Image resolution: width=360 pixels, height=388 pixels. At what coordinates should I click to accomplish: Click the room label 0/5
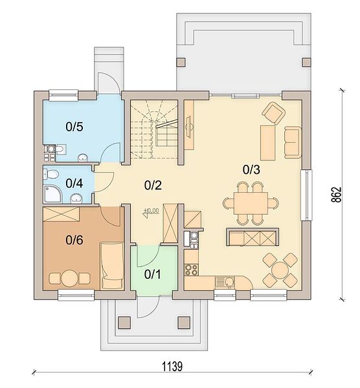[x=74, y=127]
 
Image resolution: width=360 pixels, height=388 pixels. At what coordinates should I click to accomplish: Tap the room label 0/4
[x=74, y=184]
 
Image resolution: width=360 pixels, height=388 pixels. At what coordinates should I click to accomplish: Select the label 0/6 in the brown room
[x=74, y=240]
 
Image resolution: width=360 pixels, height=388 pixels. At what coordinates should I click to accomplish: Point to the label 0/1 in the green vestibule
[x=153, y=274]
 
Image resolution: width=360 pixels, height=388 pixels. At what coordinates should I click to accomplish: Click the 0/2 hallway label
[x=153, y=186]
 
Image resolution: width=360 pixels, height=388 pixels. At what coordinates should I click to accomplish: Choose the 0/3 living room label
[x=251, y=169]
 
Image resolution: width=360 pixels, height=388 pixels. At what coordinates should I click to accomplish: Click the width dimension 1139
[x=172, y=366]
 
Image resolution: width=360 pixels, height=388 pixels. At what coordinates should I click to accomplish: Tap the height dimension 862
[x=337, y=195]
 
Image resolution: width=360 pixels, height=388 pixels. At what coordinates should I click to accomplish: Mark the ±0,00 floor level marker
[x=151, y=212]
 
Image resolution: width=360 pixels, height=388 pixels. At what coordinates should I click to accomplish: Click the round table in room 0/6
[x=70, y=278]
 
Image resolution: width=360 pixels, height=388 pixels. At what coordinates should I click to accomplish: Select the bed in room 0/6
[x=112, y=266]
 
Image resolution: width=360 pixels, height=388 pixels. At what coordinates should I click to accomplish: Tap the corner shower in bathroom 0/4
[x=52, y=194]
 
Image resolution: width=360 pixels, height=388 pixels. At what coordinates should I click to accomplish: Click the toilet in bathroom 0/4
[x=51, y=174]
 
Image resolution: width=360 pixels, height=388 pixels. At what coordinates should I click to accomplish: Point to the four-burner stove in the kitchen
[x=192, y=270]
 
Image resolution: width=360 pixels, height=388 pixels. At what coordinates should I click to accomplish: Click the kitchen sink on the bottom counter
[x=225, y=283]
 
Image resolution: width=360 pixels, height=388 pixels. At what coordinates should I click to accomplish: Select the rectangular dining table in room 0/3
[x=251, y=203]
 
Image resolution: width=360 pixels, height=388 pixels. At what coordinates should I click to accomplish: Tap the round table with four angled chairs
[x=280, y=270]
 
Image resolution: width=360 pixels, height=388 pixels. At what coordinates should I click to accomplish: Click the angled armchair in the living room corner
[x=273, y=113]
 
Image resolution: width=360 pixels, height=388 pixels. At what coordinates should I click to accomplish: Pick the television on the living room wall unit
[x=189, y=126]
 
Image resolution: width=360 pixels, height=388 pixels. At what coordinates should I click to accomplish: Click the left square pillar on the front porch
[x=124, y=323]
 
